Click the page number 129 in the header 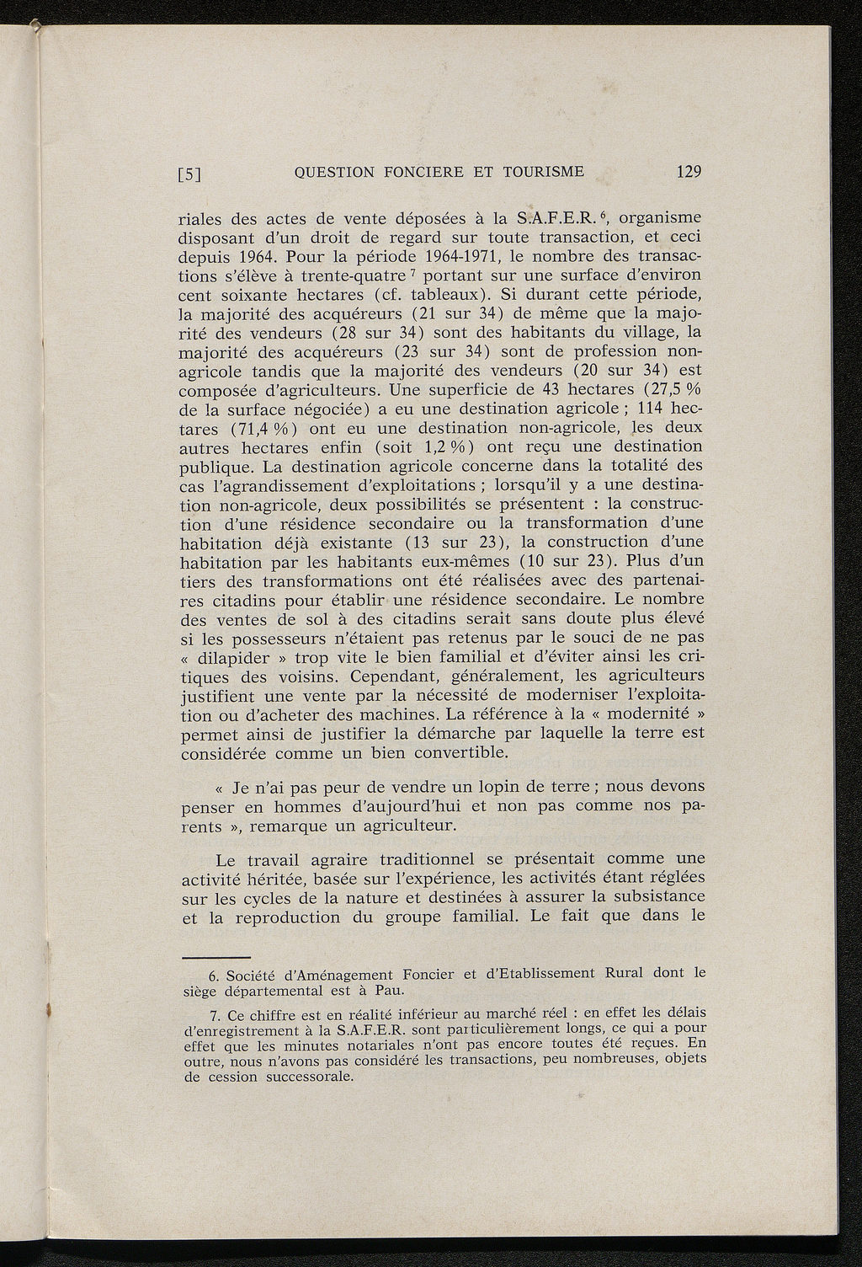point(688,173)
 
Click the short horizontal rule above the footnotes point(216,958)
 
